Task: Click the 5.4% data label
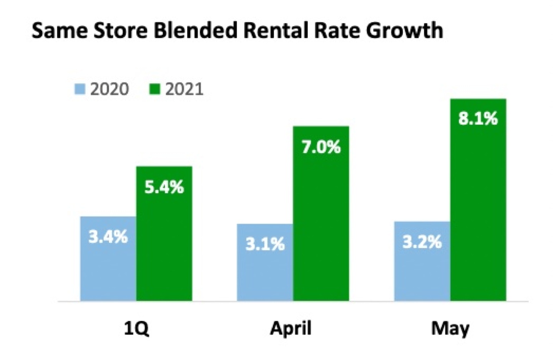pos(164,188)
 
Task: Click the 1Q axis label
pos(136,329)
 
